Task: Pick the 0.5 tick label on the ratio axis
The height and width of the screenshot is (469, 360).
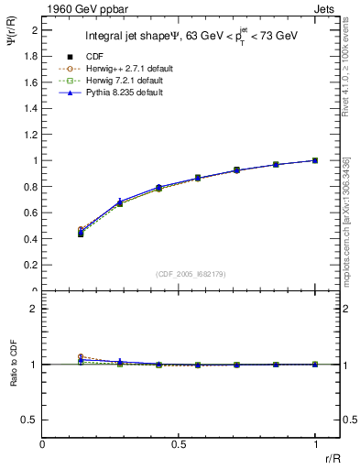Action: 31,420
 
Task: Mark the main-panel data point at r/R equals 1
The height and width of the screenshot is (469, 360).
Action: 315,160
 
